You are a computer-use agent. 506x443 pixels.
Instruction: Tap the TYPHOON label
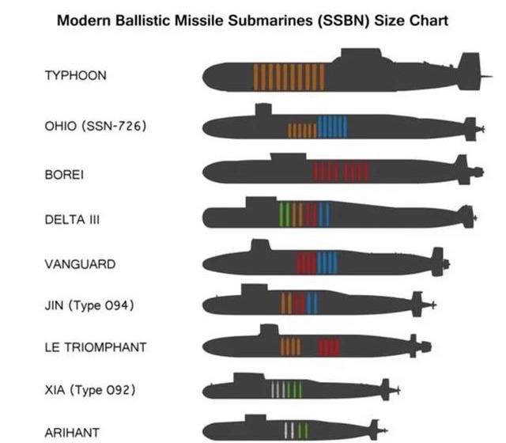[76, 76]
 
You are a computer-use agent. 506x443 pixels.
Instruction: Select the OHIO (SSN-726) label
[96, 126]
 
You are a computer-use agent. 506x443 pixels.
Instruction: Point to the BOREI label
[64, 175]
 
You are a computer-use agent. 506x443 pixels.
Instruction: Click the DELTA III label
[72, 220]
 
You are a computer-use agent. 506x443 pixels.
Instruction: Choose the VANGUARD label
[80, 264]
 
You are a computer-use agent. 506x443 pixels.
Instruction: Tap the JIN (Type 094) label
[89, 305]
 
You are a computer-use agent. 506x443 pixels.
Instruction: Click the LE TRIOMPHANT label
[96, 347]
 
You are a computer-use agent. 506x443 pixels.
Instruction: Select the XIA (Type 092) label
[90, 390]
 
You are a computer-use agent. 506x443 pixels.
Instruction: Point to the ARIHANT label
[72, 433]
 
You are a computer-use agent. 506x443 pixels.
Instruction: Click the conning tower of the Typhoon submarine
[361, 54]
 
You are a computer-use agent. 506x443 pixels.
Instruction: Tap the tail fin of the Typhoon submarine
[469, 71]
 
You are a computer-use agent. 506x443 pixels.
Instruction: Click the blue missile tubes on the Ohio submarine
[332, 127]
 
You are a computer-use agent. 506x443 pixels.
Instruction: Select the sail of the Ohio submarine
[263, 109]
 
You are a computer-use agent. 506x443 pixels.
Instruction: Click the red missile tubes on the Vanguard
[306, 263]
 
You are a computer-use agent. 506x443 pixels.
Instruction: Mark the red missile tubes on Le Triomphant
[329, 346]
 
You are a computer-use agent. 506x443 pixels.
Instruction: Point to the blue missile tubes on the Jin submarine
[312, 303]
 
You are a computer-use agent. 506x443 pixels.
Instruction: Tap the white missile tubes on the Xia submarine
[278, 389]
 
